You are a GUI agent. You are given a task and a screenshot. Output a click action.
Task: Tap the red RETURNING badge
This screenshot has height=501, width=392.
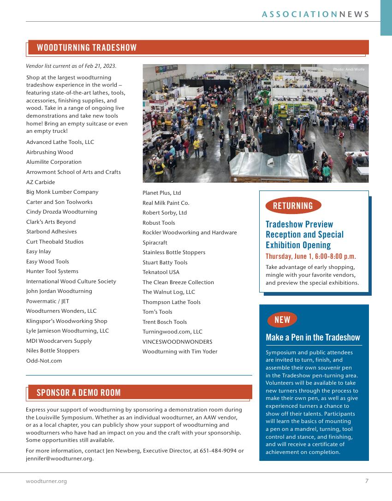pos(293,206)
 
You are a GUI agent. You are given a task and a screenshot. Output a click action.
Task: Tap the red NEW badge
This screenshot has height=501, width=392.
pos(282,320)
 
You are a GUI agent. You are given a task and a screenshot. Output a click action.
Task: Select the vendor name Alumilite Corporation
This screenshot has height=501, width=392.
pos(54,162)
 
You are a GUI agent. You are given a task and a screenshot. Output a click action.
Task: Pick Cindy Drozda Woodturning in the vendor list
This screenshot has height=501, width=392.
pos(61,212)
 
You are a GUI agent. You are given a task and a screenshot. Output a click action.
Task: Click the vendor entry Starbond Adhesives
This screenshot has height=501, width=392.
pos(51,232)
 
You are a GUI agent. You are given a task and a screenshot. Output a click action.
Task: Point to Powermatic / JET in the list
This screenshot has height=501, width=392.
pos(48,301)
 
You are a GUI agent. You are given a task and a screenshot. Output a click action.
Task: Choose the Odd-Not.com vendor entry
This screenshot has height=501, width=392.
pos(44,361)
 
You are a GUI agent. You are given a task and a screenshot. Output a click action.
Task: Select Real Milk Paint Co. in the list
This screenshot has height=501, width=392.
pos(166,203)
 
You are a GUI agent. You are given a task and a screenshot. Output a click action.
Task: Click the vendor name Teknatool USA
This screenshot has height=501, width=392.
pos(161,272)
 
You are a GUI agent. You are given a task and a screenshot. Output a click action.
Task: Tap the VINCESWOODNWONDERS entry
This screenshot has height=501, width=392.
pos(178,342)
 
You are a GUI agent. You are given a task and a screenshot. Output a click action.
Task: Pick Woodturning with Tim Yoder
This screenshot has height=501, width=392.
pos(180,352)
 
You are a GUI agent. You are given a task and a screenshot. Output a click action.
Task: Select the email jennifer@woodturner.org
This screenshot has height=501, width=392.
pos(59,459)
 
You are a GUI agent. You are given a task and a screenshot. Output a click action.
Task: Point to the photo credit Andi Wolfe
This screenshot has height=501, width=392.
pos(349,69)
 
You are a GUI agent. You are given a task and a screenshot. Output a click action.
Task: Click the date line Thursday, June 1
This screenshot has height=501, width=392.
pos(311,256)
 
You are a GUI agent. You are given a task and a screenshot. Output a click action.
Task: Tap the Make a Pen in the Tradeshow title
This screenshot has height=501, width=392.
pos(313,337)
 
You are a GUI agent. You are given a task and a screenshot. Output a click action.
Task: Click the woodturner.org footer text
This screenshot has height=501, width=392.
pos(46,481)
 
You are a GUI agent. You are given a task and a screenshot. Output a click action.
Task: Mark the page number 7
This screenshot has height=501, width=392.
pos(367,481)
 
